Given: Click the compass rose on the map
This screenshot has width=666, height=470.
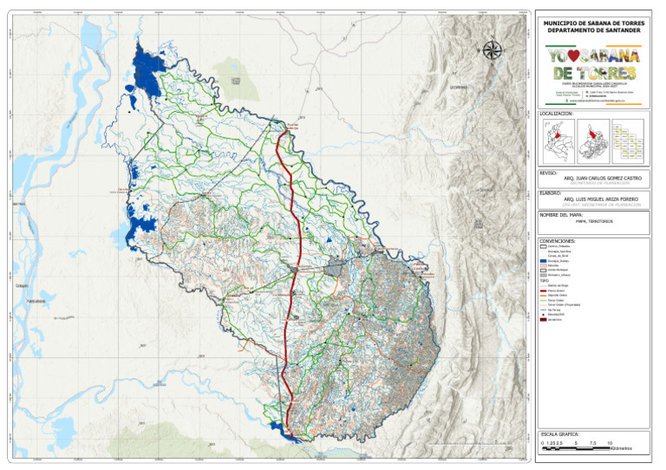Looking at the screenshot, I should (493, 50).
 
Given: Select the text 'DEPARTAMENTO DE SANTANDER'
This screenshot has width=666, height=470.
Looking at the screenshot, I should (594, 30).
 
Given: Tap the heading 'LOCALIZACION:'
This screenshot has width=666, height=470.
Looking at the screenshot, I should (557, 114).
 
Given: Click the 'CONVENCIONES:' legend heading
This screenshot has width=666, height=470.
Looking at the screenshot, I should (558, 240).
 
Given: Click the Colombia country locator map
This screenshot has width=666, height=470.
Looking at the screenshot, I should (556, 140).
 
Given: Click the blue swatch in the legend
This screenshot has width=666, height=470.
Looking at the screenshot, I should (543, 260).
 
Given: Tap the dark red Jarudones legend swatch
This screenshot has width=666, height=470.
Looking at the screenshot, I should (543, 319).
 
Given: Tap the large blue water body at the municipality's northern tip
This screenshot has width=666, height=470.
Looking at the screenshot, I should (149, 71).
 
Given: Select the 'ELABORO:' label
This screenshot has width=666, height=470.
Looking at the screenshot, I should (550, 193).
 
